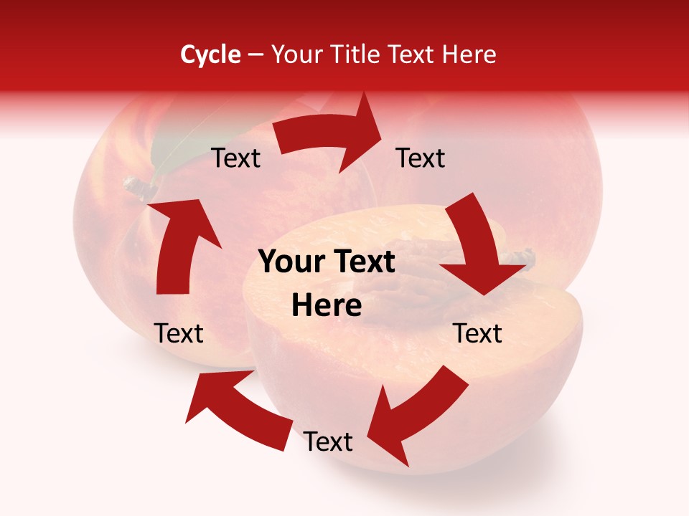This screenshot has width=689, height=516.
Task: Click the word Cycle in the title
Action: click(x=210, y=54)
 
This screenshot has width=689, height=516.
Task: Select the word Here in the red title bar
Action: click(x=467, y=54)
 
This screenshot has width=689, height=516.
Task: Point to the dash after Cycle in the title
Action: click(x=255, y=55)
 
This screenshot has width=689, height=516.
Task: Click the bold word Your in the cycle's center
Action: click(x=288, y=262)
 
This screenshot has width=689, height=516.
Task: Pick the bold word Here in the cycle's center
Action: click(x=327, y=306)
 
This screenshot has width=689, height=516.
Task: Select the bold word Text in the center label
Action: click(x=361, y=262)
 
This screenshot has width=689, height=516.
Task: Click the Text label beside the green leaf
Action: click(x=236, y=158)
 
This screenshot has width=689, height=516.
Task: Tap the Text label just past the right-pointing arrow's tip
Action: click(x=421, y=158)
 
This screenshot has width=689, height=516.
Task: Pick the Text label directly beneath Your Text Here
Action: click(x=328, y=441)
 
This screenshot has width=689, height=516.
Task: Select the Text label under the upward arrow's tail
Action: click(x=179, y=333)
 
